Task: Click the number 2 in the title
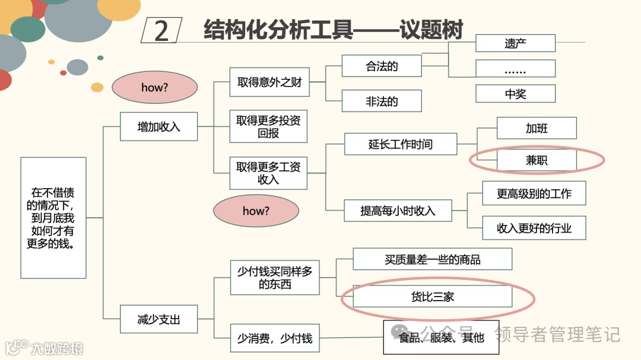161,30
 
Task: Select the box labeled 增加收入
158,126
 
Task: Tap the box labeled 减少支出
158,320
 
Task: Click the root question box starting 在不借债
53,218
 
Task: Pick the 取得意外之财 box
269,82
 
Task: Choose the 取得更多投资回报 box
268,126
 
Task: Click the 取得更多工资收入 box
268,173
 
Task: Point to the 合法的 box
382,66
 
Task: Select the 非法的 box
382,101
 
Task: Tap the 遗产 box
515,43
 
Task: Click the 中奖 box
515,94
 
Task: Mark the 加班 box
537,128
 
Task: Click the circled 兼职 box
537,160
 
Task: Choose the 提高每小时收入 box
398,211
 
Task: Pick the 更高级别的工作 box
534,193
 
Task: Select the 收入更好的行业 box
534,228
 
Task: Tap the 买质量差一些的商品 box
432,259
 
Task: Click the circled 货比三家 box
432,297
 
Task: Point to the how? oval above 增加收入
155,88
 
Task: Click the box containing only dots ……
515,69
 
